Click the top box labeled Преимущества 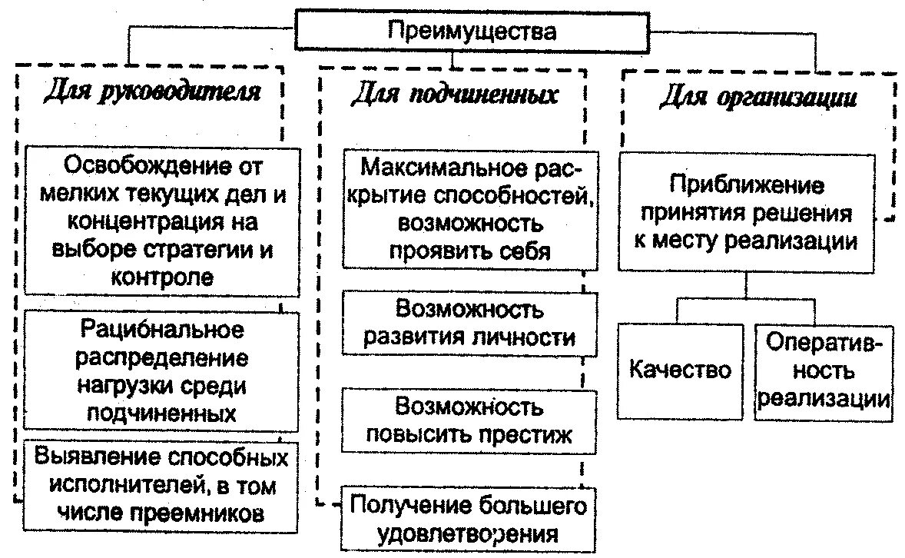(471, 32)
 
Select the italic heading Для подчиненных (454, 95)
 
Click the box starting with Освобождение (162, 221)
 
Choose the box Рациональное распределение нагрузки (162, 371)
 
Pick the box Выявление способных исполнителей (162, 486)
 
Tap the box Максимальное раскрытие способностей (469, 208)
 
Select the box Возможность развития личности (469, 323)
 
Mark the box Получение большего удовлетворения (468, 519)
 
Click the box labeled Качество (681, 370)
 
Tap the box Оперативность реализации (824, 371)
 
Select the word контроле (162, 277)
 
